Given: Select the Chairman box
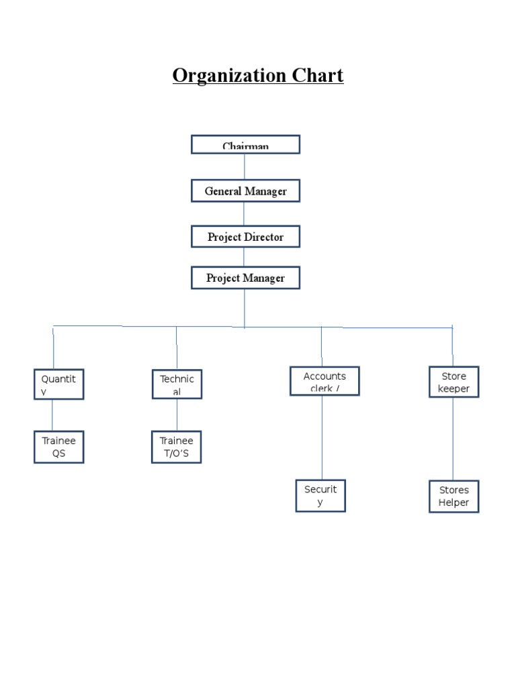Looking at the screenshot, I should pyautogui.click(x=245, y=144).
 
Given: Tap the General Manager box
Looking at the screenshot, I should pyautogui.click(x=245, y=191).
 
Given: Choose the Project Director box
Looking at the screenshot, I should pyautogui.click(x=245, y=237).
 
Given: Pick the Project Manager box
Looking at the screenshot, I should pyautogui.click(x=245, y=278).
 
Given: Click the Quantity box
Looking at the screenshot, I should pyautogui.click(x=59, y=384).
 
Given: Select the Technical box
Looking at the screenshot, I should pyautogui.click(x=177, y=384).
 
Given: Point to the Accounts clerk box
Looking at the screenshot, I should pyautogui.click(x=325, y=381).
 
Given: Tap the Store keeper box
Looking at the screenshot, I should pyautogui.click(x=454, y=382).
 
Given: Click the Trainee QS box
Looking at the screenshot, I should pyautogui.click(x=59, y=447).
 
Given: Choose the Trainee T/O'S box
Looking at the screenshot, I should pyautogui.click(x=176, y=447).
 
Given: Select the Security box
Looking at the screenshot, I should pyautogui.click(x=320, y=496).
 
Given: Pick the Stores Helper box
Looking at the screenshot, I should pyautogui.click(x=454, y=496).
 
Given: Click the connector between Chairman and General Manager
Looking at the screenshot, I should pyautogui.click(x=245, y=166).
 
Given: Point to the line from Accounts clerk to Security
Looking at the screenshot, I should pyautogui.click(x=322, y=436).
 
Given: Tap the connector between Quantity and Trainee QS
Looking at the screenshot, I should pyautogui.click(x=52, y=415).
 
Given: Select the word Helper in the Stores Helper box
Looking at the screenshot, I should pyautogui.click(x=454, y=503).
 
